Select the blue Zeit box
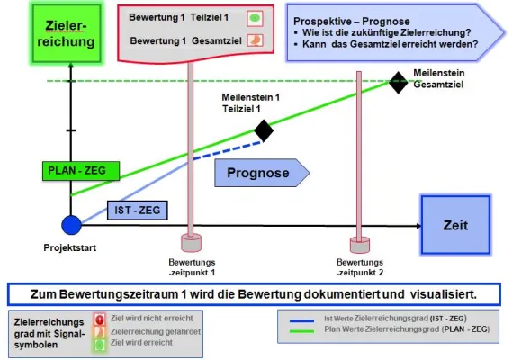tap(457, 226)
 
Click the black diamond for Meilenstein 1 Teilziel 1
tap(264, 131)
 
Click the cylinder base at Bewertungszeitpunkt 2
tap(359, 243)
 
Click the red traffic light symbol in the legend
tap(101, 319)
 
